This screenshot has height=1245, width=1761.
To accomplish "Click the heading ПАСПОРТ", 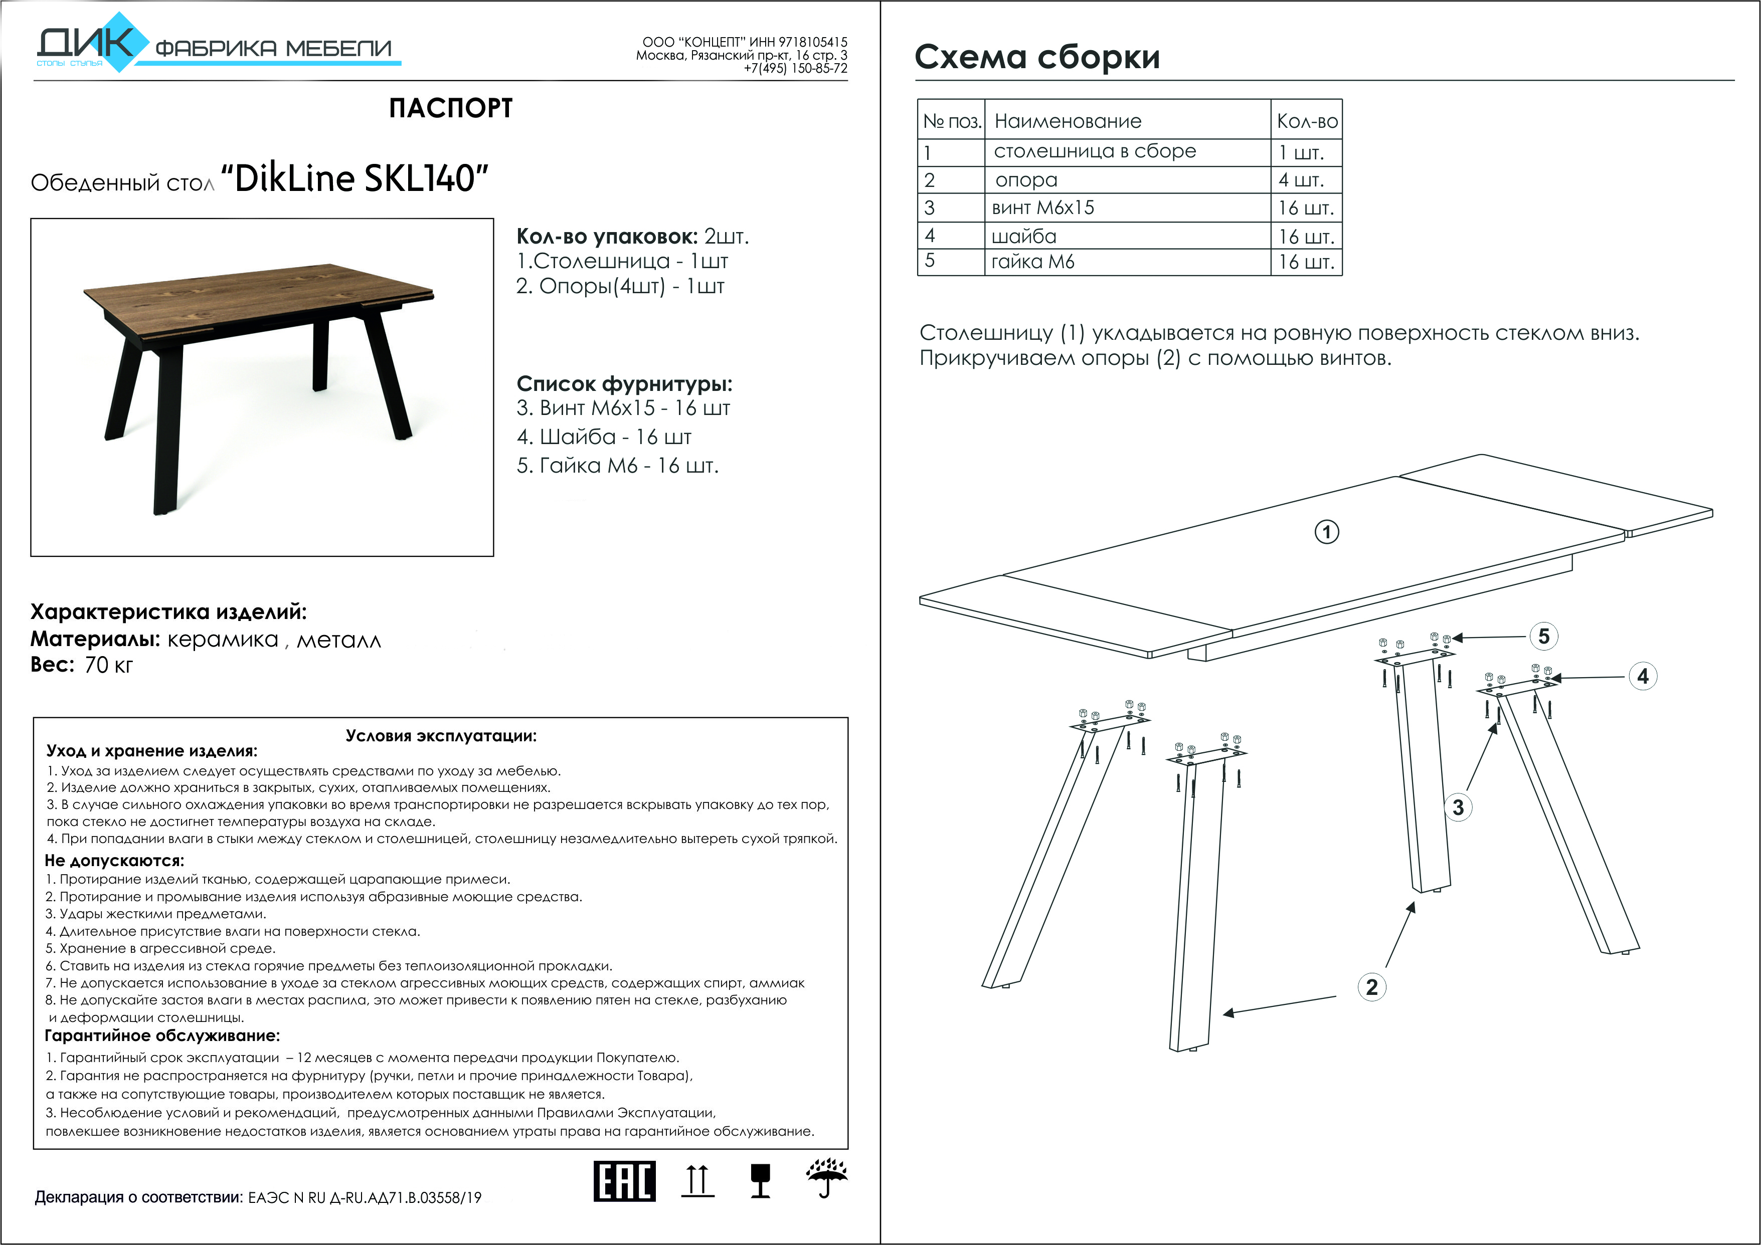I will (x=450, y=108).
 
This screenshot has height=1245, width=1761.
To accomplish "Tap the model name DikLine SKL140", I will (x=355, y=178).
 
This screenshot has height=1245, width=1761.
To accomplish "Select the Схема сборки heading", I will (x=1037, y=57).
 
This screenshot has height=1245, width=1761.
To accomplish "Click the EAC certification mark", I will (x=624, y=1181).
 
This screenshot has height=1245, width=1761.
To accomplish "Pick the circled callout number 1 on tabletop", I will (x=1327, y=532).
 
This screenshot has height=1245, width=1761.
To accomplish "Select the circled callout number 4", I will (x=1642, y=676).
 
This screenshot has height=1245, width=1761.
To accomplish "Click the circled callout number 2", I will (x=1371, y=987).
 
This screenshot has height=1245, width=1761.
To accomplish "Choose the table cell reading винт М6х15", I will (x=1043, y=208).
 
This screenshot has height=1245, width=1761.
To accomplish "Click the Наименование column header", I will (x=1068, y=121).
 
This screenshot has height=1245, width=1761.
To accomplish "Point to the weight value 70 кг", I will (x=108, y=665).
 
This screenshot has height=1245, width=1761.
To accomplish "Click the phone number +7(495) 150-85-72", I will (x=795, y=68).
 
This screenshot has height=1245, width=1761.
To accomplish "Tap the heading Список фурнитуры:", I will (x=624, y=383).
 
